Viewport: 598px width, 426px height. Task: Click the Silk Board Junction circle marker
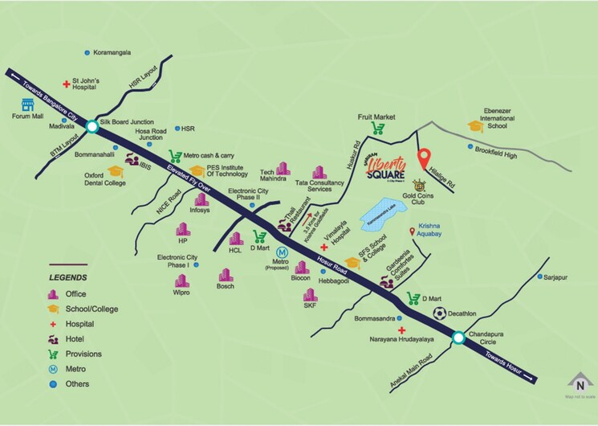click(x=92, y=126)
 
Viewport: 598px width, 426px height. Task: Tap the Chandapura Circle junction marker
click(x=458, y=338)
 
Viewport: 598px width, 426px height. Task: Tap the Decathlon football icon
click(x=439, y=313)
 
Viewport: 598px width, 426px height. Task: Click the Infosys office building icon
click(x=199, y=198)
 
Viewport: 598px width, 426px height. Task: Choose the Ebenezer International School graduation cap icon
click(x=475, y=125)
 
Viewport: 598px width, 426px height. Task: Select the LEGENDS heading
click(x=67, y=277)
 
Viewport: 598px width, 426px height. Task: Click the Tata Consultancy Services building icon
click(x=319, y=173)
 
